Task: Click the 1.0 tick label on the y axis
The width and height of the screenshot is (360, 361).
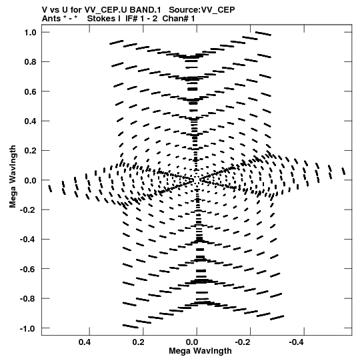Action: point(31,33)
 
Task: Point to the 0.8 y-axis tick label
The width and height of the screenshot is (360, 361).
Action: point(31,62)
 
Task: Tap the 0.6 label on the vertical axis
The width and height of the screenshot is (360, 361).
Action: point(31,91)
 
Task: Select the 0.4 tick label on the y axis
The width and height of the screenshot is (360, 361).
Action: point(31,121)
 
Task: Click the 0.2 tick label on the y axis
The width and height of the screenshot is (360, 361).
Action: point(31,151)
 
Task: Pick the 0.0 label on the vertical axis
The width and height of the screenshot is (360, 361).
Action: point(31,180)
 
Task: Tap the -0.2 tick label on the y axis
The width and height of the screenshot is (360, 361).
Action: point(28,210)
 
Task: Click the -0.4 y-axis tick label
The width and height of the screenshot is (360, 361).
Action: point(28,240)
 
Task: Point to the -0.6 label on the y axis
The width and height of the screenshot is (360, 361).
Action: point(28,269)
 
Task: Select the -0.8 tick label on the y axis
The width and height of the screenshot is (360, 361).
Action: point(28,298)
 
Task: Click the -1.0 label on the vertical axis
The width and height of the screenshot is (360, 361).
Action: point(28,328)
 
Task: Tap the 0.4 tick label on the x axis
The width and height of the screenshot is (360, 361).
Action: point(85,342)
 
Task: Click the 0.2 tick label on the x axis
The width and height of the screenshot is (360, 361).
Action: point(139,342)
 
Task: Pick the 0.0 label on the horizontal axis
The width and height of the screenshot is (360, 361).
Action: point(192,342)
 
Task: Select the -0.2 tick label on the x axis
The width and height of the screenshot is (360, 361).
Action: point(243,342)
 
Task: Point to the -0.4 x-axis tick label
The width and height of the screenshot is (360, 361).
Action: point(297,342)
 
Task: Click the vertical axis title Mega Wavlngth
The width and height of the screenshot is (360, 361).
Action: point(13,177)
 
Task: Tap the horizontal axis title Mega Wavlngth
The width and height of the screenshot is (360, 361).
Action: point(200,351)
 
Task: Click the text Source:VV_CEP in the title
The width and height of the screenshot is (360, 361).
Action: point(202,10)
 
